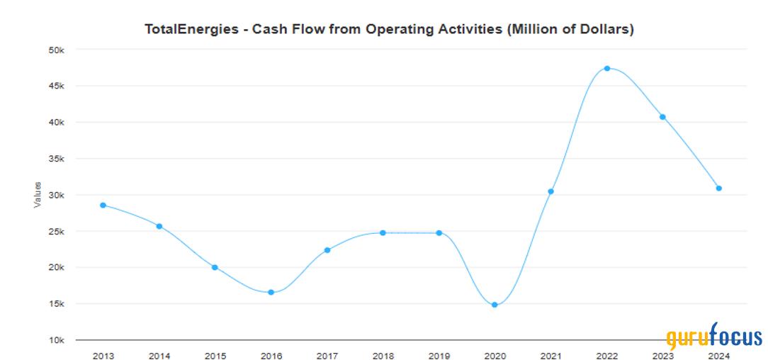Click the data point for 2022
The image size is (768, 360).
click(x=607, y=69)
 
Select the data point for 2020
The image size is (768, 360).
click(x=495, y=305)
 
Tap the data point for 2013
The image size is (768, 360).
click(x=103, y=205)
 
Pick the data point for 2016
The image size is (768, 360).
click(x=271, y=292)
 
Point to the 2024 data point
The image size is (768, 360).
click(x=718, y=189)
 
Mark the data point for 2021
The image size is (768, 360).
click(x=550, y=191)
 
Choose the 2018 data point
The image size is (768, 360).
click(x=383, y=232)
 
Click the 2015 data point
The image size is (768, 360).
click(x=215, y=267)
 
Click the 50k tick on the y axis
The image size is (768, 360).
click(x=56, y=50)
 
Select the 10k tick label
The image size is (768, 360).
click(x=56, y=340)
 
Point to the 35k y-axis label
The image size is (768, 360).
click(x=56, y=159)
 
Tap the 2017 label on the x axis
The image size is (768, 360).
click(x=327, y=355)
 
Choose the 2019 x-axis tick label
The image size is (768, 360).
click(x=439, y=355)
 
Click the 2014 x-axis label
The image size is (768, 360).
click(x=159, y=355)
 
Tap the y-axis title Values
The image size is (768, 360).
click(x=37, y=195)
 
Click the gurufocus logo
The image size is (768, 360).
click(x=714, y=337)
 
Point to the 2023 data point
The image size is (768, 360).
click(x=662, y=117)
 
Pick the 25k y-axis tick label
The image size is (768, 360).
click(x=56, y=232)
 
